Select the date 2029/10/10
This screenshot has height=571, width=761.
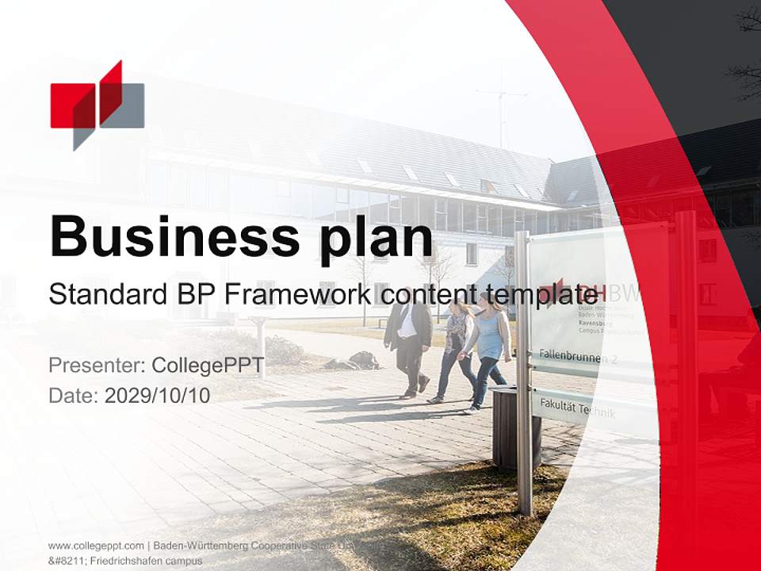pos(158,396)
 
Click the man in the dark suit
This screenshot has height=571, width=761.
pos(409,341)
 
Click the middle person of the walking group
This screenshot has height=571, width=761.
pos(456,349)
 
